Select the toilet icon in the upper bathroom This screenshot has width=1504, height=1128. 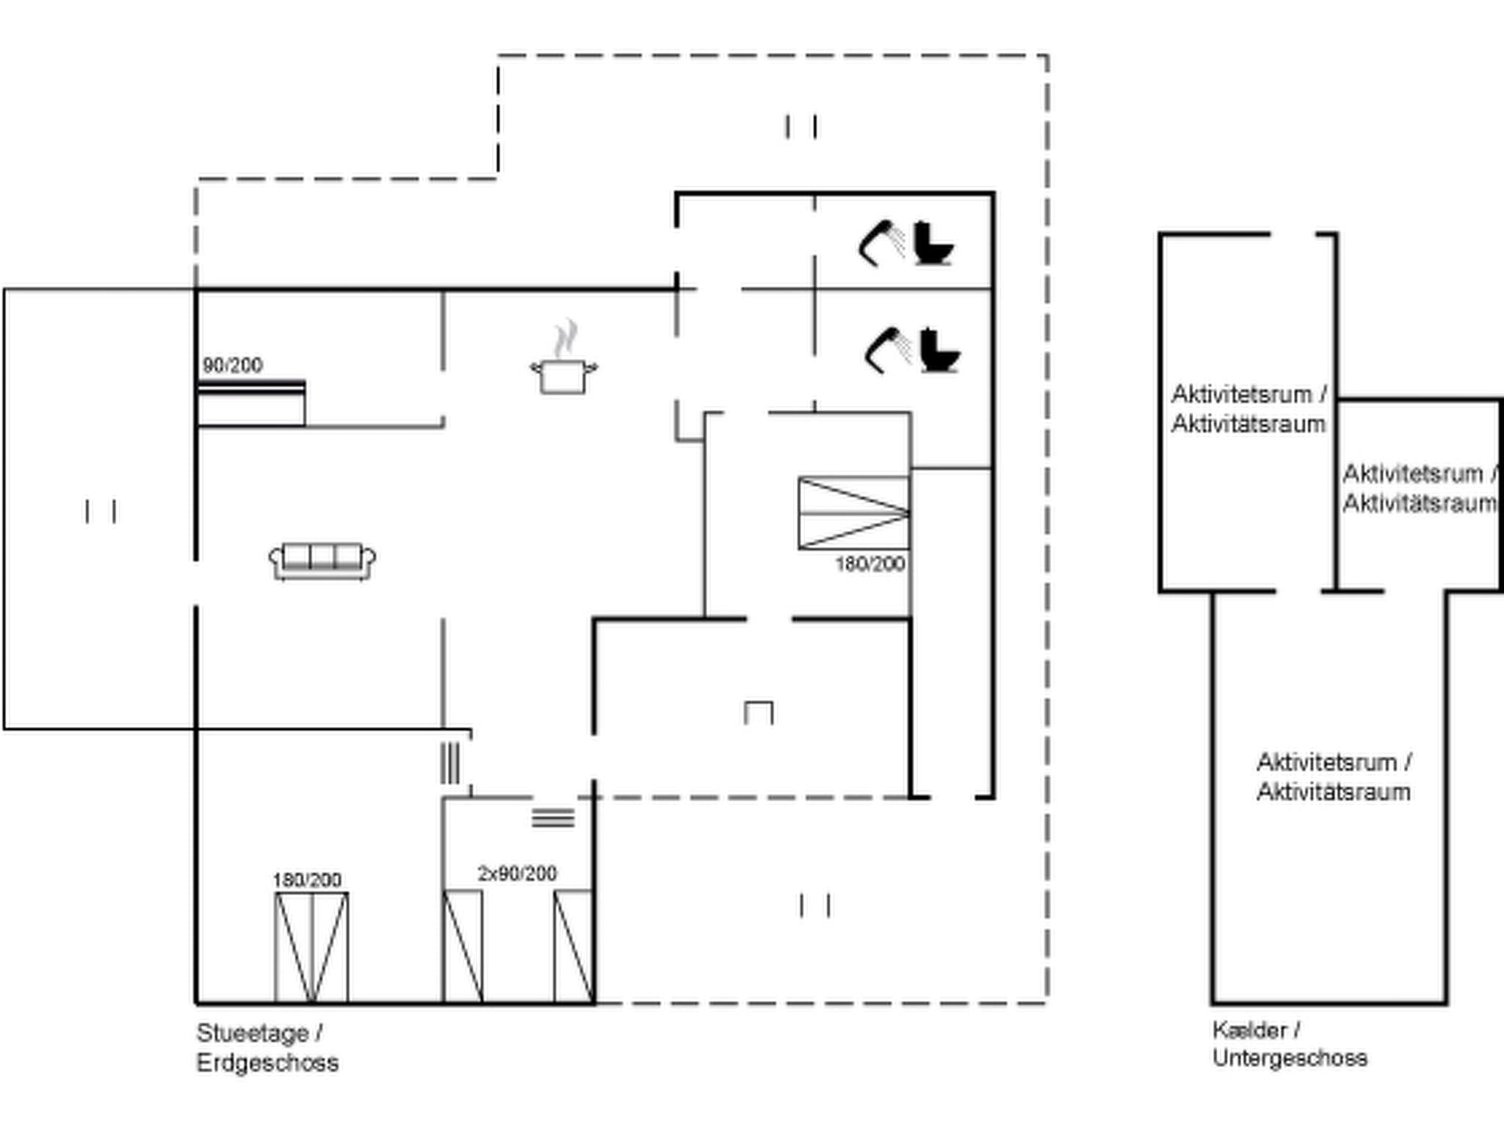point(933,244)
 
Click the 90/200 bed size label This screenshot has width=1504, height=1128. point(232,365)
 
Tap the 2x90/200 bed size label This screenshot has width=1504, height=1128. point(517,873)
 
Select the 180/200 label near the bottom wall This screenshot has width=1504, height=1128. point(307,880)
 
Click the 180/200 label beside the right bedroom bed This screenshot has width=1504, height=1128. point(869,564)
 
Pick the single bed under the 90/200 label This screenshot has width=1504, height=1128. point(251,404)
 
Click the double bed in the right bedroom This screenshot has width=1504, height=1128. point(854,513)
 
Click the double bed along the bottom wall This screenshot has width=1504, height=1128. point(311,947)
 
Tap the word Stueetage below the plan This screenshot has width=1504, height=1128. point(252,1033)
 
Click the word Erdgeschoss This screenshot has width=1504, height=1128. point(267,1063)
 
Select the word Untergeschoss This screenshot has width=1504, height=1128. point(1290,1058)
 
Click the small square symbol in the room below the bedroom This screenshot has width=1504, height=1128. point(759,713)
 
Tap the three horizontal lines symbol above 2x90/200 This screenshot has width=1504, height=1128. point(553,817)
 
